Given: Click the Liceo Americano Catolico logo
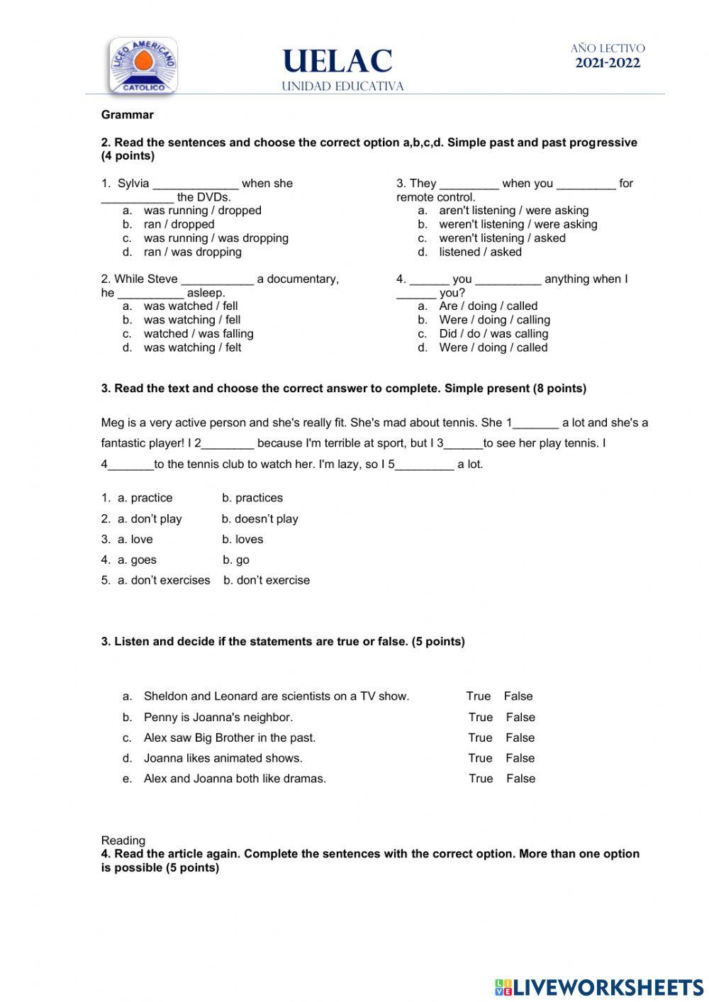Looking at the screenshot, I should (x=143, y=65).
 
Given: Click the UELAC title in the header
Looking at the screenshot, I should (x=337, y=62).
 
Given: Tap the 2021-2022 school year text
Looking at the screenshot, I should (x=608, y=63).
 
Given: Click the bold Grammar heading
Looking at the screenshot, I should (x=128, y=115).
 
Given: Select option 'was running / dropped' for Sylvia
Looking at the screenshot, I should (x=202, y=211).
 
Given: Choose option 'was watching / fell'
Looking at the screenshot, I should (x=192, y=320).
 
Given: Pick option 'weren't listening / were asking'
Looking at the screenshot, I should (x=518, y=224).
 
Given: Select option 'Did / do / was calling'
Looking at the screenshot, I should (x=493, y=333).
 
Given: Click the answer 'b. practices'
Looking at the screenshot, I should (x=252, y=498).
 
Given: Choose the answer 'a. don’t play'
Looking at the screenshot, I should (x=150, y=519).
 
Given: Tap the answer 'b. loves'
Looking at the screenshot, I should (x=242, y=540).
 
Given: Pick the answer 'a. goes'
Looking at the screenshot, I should (x=137, y=560).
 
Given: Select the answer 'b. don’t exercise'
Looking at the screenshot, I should (x=267, y=580).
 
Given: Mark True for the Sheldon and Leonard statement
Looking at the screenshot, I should (x=479, y=696).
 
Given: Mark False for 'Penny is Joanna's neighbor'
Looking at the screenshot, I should (x=520, y=718).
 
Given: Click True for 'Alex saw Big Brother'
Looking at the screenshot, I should (x=480, y=738).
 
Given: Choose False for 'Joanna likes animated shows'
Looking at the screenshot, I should (x=520, y=759).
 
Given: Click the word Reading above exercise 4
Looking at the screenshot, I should (x=123, y=840).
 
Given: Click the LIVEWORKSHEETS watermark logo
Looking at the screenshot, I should (x=599, y=987).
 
